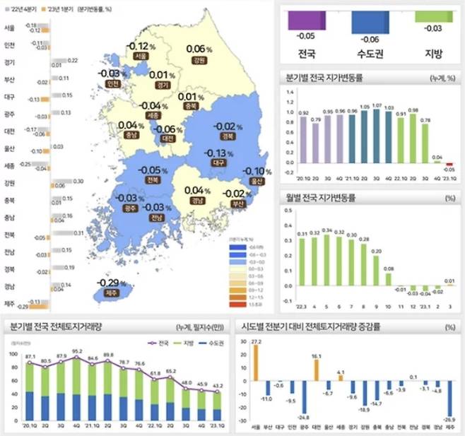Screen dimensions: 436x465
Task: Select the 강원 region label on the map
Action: click(199, 61)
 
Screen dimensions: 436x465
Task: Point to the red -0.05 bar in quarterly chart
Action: click(449, 164)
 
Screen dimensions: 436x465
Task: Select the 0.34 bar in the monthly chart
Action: click(326, 257)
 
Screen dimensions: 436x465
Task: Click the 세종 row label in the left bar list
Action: click(10, 167)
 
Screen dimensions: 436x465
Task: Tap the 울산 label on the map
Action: click(254, 181)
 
